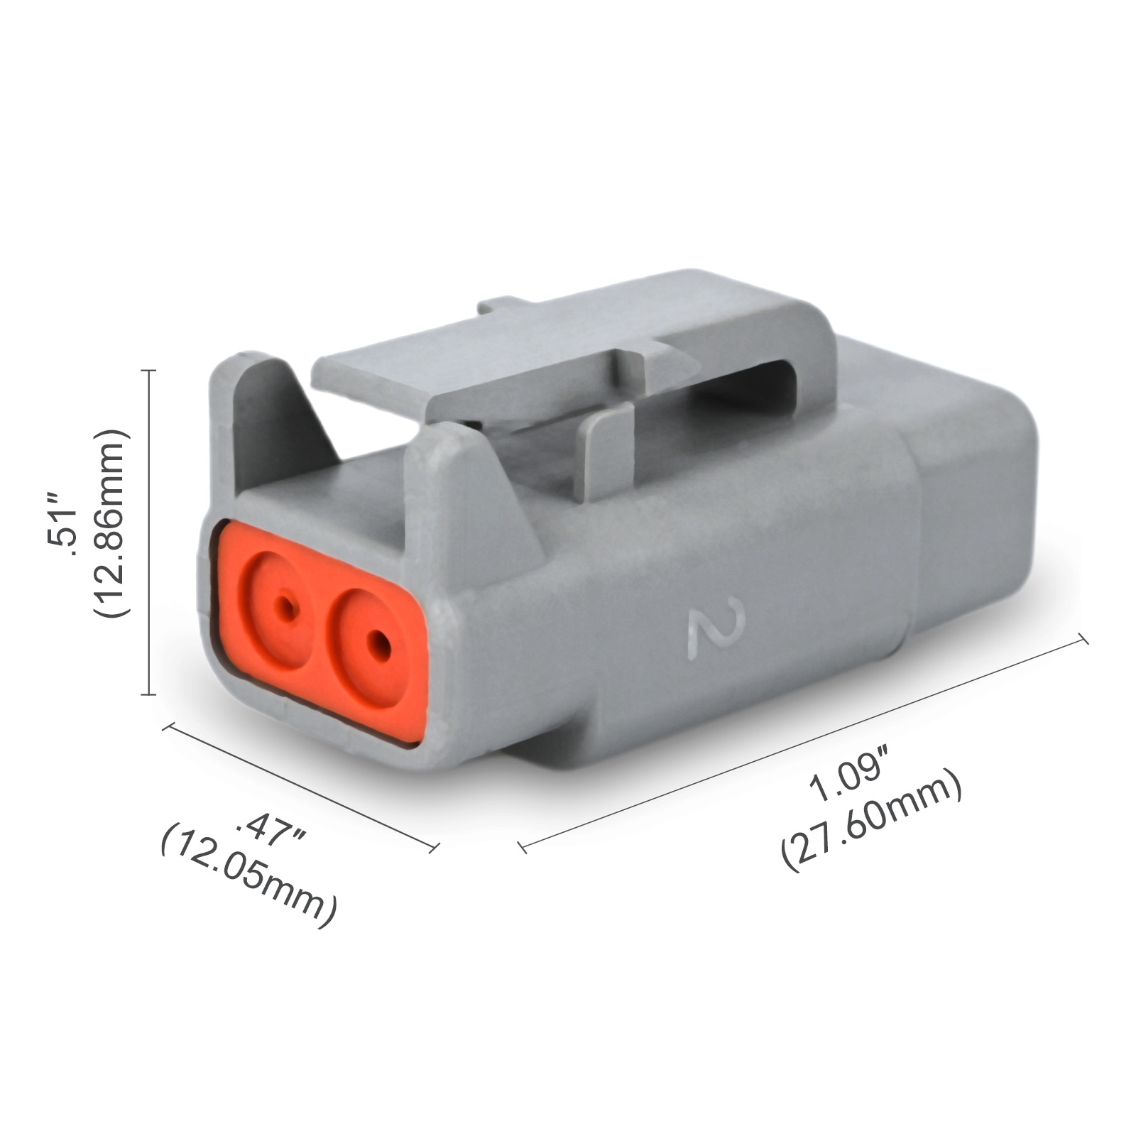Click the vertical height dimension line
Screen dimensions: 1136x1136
(x=149, y=532)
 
